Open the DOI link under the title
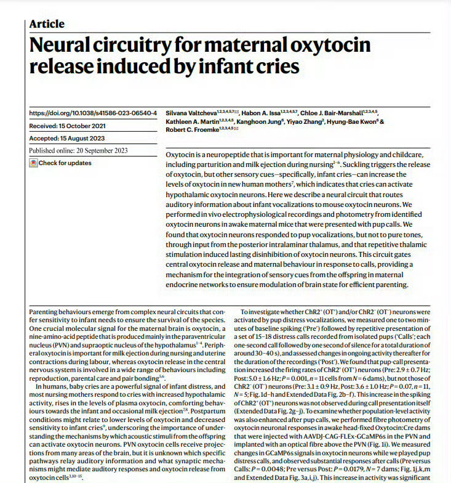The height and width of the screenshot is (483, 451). point(93,113)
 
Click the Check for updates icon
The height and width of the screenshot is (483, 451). point(33,163)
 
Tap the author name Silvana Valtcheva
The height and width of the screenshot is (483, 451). point(193,114)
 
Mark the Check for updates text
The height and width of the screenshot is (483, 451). point(65,163)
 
